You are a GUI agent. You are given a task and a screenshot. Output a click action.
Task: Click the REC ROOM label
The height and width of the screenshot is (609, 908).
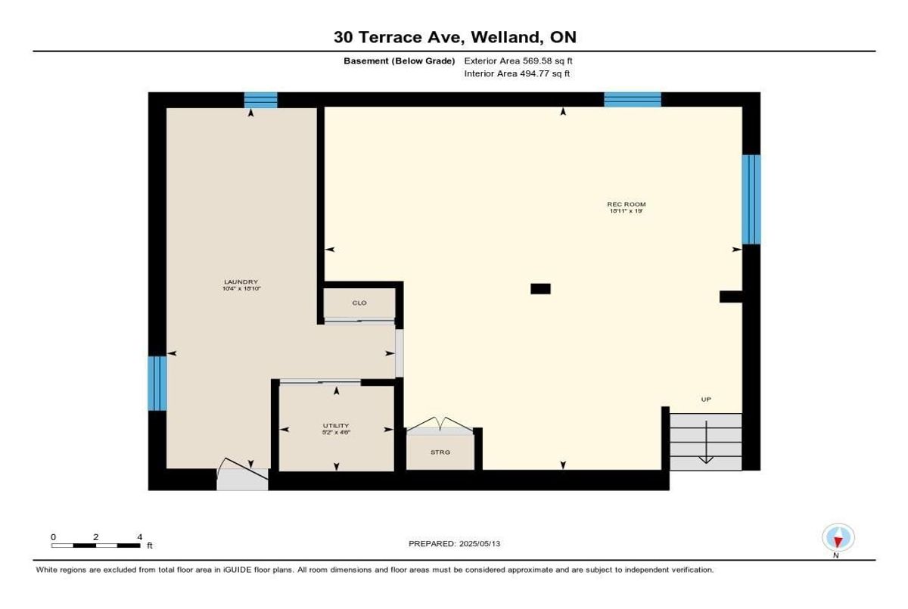coord(627,204)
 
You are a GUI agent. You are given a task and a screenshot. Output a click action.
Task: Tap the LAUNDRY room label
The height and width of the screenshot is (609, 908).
coord(241,282)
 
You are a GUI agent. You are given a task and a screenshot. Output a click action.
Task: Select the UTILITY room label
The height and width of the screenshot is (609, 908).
coord(337,425)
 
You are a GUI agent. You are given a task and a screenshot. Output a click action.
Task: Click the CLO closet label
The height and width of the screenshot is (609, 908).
coord(359,303)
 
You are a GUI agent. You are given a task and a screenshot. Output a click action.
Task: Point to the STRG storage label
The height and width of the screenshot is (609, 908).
coord(440,452)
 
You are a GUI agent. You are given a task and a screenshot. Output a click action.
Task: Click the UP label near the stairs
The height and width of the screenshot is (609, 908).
coord(706,399)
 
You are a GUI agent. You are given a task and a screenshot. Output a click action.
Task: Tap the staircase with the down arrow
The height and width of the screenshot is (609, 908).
coord(706,441)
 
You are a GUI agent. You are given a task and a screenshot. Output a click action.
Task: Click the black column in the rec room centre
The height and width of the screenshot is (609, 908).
coord(540,288)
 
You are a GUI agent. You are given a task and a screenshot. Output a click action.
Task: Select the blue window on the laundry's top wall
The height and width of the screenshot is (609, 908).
coord(260,100)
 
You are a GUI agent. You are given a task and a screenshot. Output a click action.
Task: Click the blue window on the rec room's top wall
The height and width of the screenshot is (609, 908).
coord(632,99)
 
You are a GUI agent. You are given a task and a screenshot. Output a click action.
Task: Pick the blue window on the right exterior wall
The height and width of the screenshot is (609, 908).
coord(751,199)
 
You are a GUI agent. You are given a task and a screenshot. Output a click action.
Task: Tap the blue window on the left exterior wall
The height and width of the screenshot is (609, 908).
coord(157,383)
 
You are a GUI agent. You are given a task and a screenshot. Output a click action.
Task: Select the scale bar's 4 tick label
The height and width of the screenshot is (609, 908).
coord(139,536)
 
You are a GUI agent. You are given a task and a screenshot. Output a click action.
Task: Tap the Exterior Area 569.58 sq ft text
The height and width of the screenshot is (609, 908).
coord(524,61)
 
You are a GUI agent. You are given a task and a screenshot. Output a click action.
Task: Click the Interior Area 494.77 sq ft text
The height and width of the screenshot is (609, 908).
coord(517,74)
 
